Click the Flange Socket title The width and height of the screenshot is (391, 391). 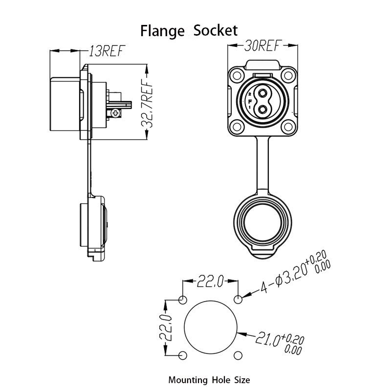click(189, 31)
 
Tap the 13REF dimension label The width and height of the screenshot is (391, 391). click(107, 51)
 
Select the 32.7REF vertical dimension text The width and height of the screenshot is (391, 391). click(147, 104)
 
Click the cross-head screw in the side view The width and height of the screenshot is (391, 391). click(115, 113)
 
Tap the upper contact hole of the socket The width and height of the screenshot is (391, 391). click(262, 94)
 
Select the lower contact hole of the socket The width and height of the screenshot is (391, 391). click(262, 109)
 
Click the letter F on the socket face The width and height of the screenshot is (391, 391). click(250, 101)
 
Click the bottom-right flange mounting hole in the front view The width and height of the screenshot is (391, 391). click(288, 127)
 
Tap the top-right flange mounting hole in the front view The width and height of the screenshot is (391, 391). click(288, 75)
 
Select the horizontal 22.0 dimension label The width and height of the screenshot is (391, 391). click(210, 282)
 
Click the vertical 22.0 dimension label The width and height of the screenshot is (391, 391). click(165, 327)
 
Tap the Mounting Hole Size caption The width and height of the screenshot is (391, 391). click(209, 380)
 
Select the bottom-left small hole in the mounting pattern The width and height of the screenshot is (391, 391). click(183, 356)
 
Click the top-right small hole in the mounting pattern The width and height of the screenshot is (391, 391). click(238, 299)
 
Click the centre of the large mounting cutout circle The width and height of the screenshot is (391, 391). click(211, 326)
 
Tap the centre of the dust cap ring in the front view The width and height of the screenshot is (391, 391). click(262, 223)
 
